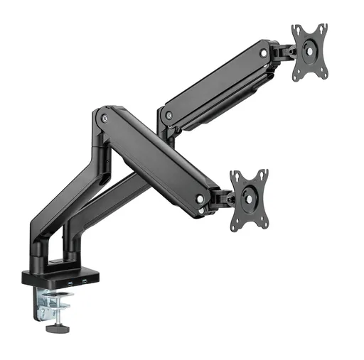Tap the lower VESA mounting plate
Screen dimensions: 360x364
point(250,200)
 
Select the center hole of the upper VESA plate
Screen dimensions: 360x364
point(310,50)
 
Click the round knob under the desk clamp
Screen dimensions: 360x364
point(54,329)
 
